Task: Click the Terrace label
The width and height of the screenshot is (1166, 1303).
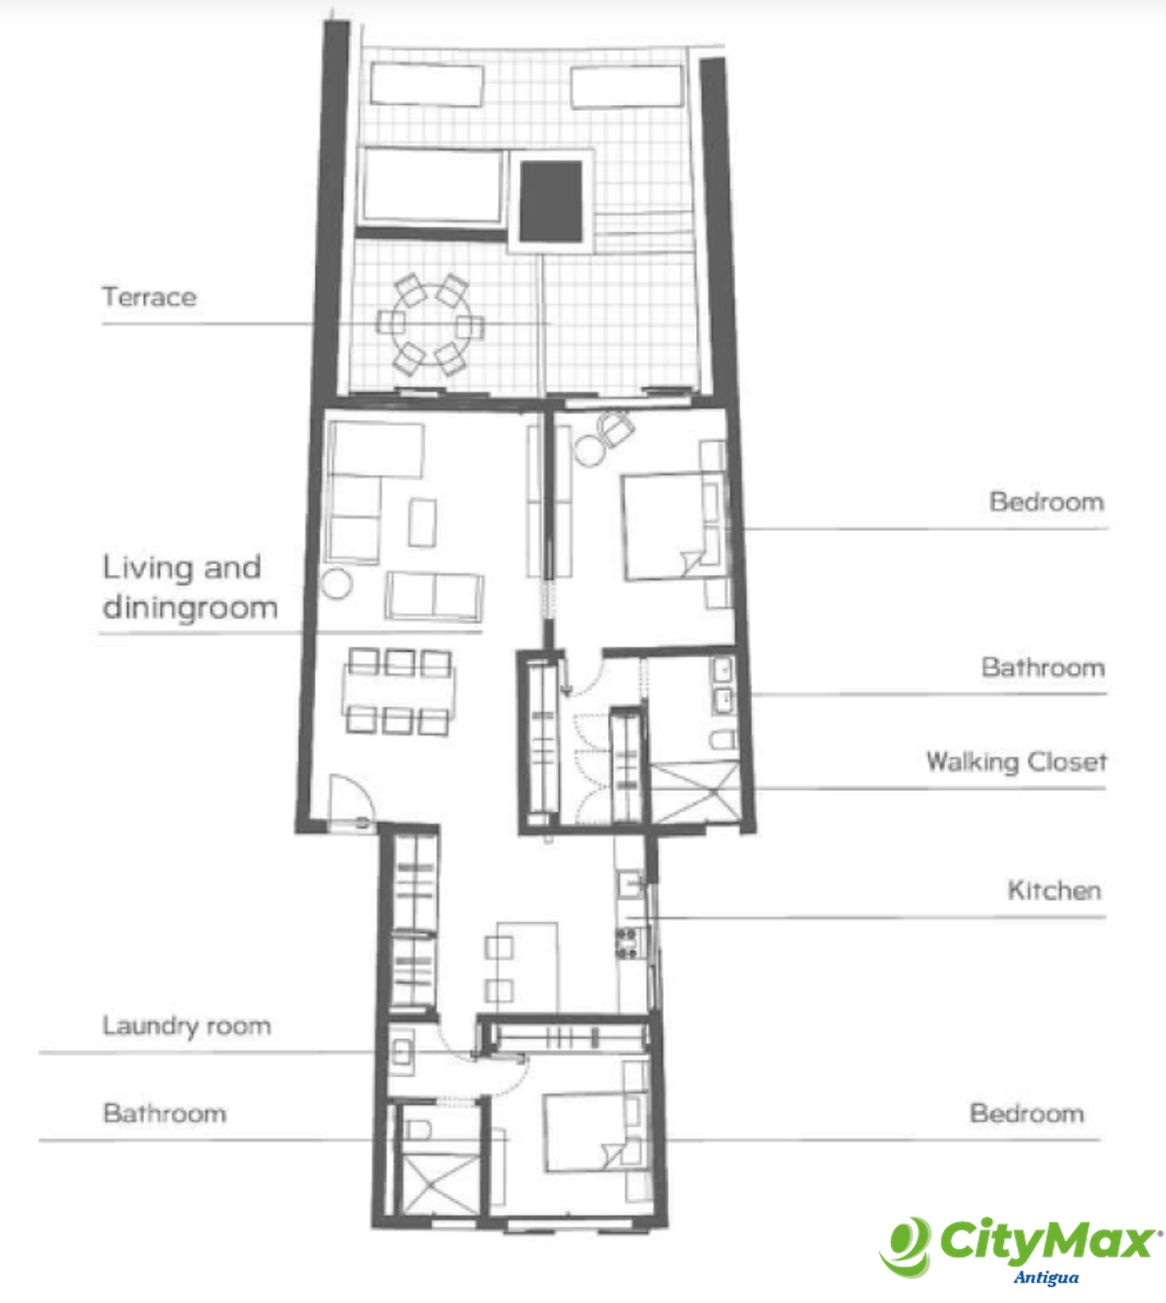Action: pos(149,297)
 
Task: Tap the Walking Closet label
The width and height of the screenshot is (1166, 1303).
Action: pos(1016,762)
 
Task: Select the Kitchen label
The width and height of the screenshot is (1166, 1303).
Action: pos(1054,890)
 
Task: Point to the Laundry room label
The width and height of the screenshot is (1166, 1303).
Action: pos(187,1026)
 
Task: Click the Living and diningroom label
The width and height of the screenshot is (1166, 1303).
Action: pos(189,588)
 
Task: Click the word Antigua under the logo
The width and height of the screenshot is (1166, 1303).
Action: pos(1046,1277)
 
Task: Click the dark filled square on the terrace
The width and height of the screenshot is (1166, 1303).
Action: pos(551,201)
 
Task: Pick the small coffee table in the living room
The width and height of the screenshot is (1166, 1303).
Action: pos(423,522)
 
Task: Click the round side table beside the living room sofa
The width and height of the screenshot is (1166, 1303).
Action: pos(337,584)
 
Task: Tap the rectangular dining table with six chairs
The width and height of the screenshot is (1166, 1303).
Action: pos(399,691)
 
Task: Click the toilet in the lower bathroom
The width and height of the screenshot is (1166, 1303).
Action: pos(418,1129)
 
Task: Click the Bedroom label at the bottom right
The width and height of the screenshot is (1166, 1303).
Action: pos(1026,1113)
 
